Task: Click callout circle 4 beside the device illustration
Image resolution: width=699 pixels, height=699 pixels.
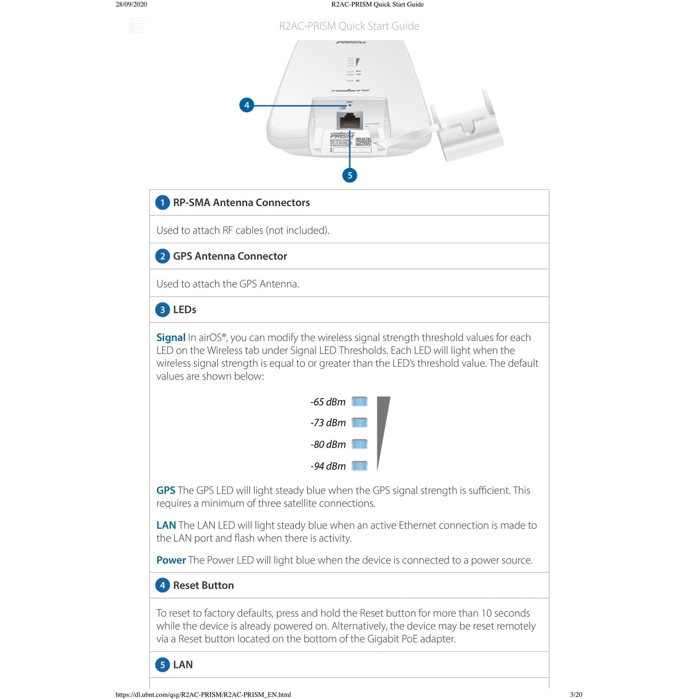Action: click(x=247, y=105)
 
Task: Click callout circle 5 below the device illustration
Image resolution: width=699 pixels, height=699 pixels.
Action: click(x=350, y=175)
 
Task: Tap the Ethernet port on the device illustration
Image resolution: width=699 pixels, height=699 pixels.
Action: click(x=349, y=120)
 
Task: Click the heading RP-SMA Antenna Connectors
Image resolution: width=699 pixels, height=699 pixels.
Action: click(x=241, y=203)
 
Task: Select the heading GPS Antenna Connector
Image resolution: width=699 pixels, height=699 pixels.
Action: click(x=230, y=256)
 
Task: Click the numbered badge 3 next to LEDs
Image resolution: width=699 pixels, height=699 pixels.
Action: click(x=163, y=310)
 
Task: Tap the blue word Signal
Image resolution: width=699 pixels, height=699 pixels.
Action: click(x=171, y=338)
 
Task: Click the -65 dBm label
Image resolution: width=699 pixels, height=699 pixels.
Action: click(x=328, y=402)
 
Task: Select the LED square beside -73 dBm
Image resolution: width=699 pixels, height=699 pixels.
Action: click(x=359, y=423)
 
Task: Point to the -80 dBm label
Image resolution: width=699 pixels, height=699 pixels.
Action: click(x=328, y=445)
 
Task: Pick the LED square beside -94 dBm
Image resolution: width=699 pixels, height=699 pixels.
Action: click(x=359, y=466)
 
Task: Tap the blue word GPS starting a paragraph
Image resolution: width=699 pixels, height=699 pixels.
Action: click(x=166, y=491)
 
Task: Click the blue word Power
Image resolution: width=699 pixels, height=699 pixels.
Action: click(x=171, y=560)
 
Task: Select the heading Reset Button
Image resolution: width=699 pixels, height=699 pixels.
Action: click(x=203, y=586)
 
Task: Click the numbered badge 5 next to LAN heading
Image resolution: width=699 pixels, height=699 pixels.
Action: click(x=163, y=665)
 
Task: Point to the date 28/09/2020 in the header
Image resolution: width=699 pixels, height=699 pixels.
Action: click(x=131, y=4)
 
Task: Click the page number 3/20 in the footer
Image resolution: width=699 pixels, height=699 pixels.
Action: click(x=576, y=695)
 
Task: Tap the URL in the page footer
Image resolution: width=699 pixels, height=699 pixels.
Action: click(x=203, y=695)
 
